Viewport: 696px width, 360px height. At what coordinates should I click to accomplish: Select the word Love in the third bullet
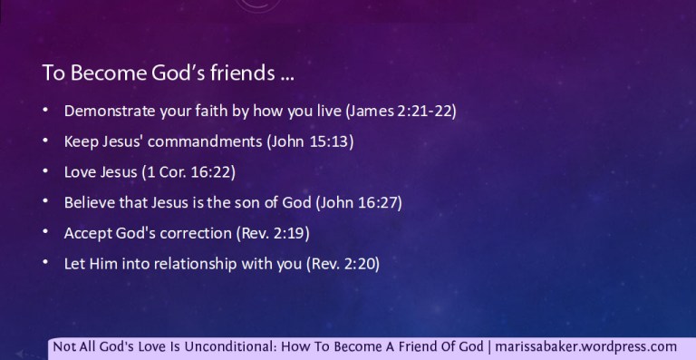point(79,172)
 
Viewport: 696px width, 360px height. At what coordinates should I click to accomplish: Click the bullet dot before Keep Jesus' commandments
point(45,142)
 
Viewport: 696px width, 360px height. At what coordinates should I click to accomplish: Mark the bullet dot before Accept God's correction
point(45,233)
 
